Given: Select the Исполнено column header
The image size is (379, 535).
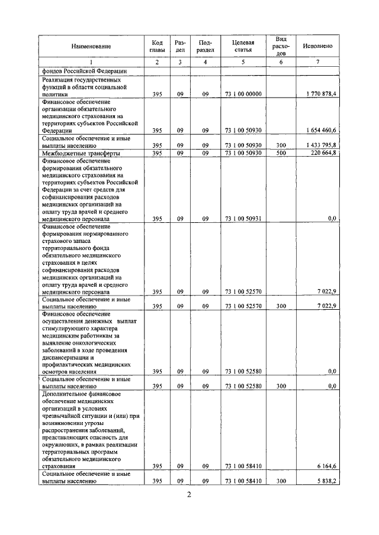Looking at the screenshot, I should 317,46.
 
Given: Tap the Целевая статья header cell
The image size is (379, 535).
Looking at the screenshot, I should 243,46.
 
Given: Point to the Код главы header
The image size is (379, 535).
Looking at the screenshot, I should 157,46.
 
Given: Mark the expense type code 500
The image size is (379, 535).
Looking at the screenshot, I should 281,153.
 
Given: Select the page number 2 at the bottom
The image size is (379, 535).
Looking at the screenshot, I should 188,495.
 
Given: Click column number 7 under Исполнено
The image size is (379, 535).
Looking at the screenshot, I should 317,62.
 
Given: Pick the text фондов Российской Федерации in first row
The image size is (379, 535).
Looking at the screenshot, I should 81,71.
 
